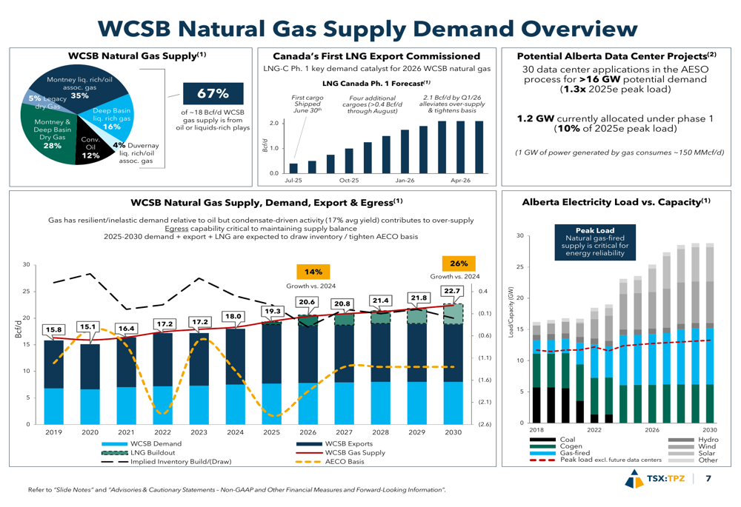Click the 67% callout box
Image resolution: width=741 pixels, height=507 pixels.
(212, 94)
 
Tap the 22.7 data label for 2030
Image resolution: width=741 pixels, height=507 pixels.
(452, 291)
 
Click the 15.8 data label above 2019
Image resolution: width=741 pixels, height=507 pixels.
(53, 329)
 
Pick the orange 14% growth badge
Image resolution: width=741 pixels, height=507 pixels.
(313, 272)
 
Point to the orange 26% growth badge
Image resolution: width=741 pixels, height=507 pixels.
(459, 263)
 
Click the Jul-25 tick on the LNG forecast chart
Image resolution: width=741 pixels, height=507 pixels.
(293, 180)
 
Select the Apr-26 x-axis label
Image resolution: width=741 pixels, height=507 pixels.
(460, 180)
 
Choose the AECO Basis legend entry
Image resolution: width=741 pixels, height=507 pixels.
(344, 462)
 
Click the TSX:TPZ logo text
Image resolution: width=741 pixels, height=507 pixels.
(665, 479)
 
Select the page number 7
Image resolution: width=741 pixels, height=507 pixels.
(708, 479)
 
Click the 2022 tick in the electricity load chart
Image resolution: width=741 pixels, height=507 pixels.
(594, 429)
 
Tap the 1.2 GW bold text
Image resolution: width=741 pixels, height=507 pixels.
(534, 118)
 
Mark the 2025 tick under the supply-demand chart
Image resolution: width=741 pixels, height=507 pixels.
(271, 432)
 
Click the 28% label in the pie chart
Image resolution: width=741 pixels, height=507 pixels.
(53, 146)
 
